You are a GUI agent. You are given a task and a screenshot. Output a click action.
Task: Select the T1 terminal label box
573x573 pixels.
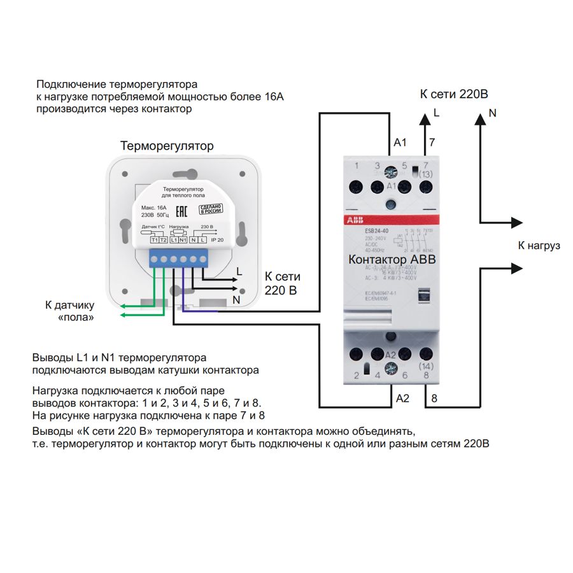click(155, 239)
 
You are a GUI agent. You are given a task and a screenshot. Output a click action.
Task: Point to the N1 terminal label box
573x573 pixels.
click(183, 239)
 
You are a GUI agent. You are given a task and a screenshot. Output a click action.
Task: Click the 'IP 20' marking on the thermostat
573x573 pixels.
click(216, 239)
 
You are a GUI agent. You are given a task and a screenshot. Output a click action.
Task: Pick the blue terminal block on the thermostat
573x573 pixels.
click(179, 258)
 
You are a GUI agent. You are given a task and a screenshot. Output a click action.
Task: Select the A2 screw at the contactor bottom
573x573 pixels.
click(391, 368)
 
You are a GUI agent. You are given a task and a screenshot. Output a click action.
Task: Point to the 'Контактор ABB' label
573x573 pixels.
click(392, 260)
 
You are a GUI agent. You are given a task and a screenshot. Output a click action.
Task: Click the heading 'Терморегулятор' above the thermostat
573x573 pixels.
click(167, 146)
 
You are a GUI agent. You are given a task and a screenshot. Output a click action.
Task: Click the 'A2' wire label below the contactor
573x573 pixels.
click(402, 399)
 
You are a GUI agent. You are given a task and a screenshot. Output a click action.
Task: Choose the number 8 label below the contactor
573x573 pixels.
click(434, 399)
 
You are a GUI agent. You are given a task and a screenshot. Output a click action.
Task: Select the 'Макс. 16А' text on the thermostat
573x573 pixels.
click(153, 208)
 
